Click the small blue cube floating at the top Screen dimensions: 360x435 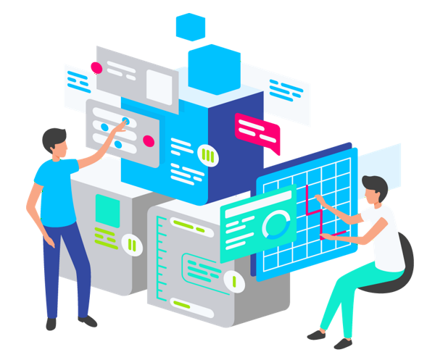(x=191, y=26)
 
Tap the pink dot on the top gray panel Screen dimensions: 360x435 (x=96, y=67)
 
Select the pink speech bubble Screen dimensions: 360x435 (x=257, y=131)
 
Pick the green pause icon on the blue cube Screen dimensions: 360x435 (x=208, y=155)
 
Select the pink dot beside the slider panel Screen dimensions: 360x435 (x=149, y=141)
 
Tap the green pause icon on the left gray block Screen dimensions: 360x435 (x=131, y=244)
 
